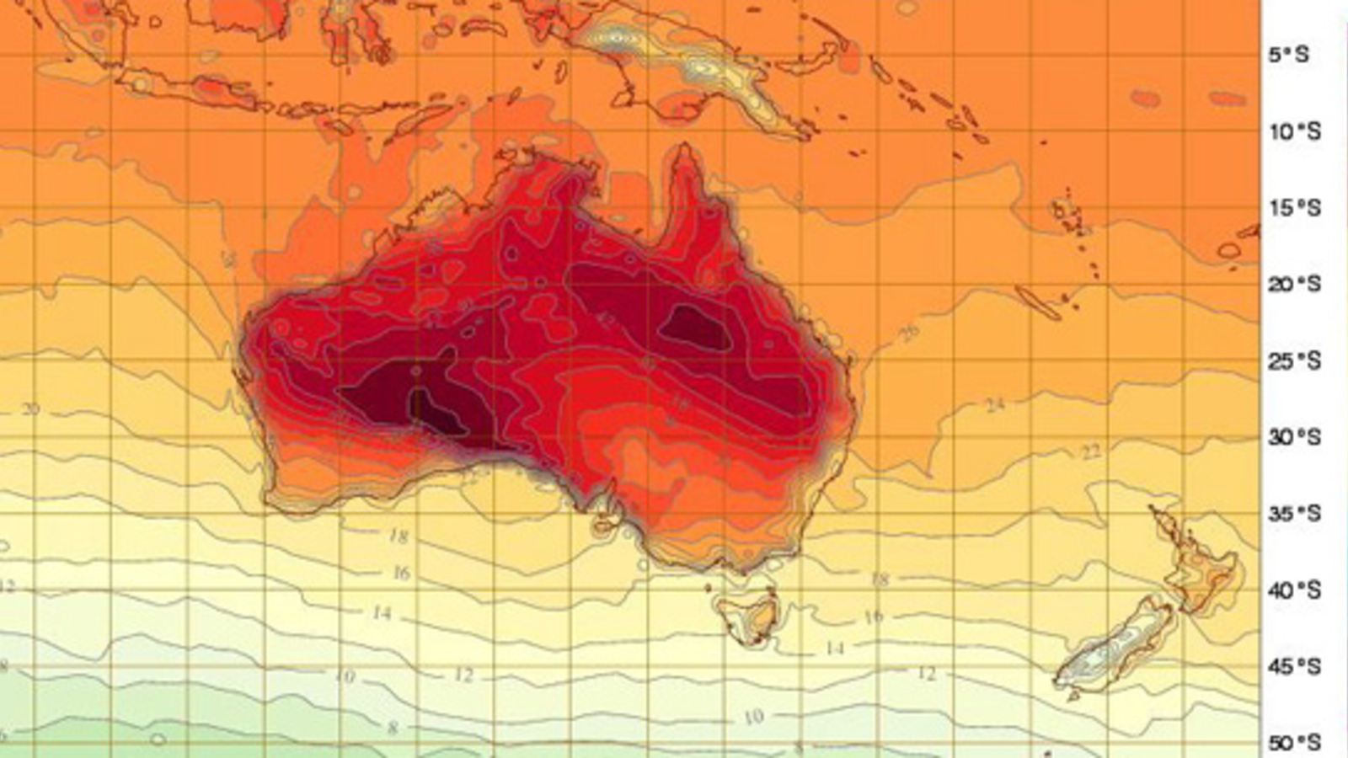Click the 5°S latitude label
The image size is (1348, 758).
coord(1289,55)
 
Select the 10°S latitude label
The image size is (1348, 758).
coord(1294,132)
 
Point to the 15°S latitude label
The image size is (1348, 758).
coord(1294,208)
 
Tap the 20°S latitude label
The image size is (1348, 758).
coord(1294,285)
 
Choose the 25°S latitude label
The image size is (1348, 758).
coord(1294,361)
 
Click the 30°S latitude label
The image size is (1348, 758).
coord(1294,438)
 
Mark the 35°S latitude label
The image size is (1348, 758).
coord(1294,514)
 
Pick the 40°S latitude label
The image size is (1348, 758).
coord(1294,590)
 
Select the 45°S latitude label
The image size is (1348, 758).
coord(1294,667)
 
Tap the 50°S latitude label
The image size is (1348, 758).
coord(1294,743)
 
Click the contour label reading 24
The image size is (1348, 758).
coord(996,406)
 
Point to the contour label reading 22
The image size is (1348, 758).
coord(1091,453)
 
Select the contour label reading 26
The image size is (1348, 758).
coord(908,333)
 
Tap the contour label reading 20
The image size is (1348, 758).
coord(30,409)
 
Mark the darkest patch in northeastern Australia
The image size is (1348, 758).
coord(693,326)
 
